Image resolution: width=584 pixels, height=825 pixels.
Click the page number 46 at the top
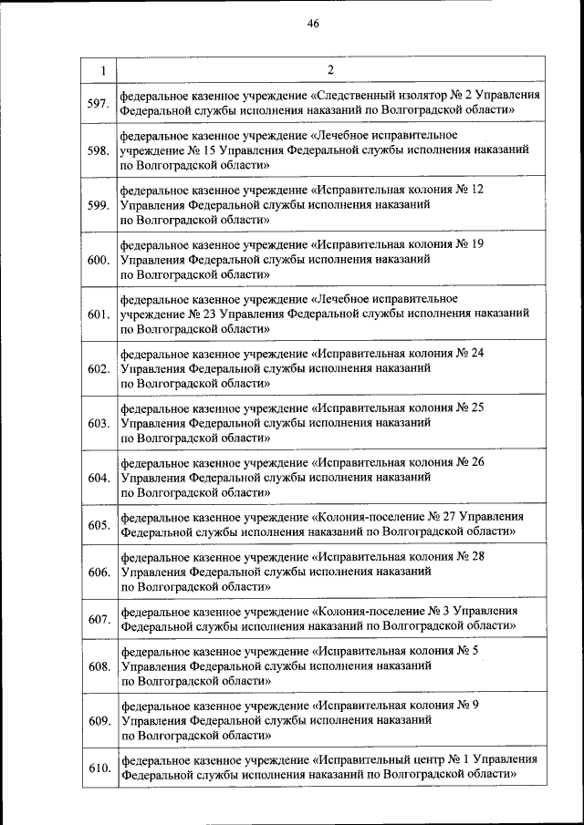tap(313, 24)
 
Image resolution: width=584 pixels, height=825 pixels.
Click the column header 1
tap(102, 70)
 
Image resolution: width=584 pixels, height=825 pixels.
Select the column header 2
tap(330, 70)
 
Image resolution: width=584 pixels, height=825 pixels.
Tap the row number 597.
tap(99, 102)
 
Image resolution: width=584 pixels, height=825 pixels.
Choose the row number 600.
tap(99, 260)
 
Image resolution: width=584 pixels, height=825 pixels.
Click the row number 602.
tap(99, 369)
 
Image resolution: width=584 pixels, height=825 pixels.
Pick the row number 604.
tap(99, 478)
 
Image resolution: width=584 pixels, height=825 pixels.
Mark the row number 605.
tap(99, 525)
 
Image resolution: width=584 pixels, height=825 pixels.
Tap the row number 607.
tap(99, 620)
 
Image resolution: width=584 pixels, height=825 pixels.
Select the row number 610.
tap(99, 768)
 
